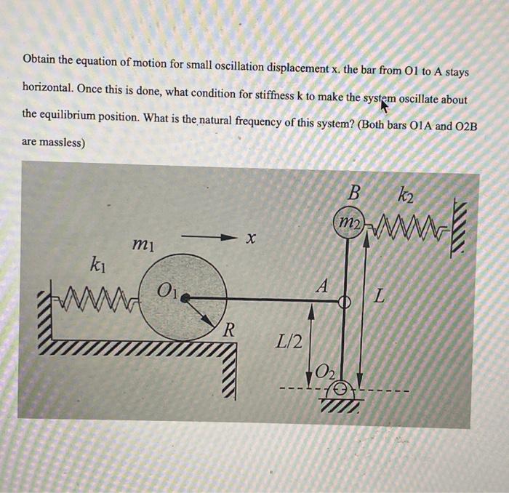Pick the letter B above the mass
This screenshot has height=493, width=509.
[353, 193]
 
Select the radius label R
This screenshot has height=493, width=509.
[228, 330]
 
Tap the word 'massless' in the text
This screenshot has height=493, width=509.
[63, 143]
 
